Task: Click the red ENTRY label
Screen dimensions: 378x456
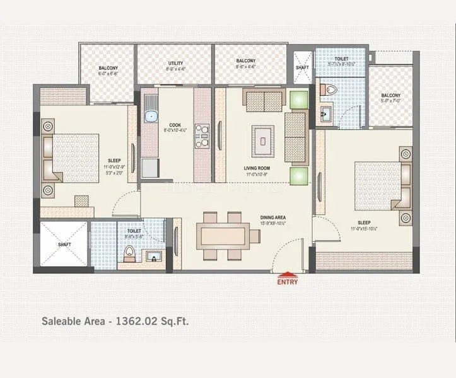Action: click(x=287, y=282)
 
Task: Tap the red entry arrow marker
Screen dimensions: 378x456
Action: click(x=287, y=274)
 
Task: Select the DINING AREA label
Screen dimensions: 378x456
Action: click(x=274, y=217)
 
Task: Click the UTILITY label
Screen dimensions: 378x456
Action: click(x=175, y=64)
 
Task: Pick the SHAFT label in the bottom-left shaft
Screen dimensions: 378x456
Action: click(x=64, y=244)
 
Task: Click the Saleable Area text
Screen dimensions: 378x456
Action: click(x=115, y=321)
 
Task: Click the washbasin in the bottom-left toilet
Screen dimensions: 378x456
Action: click(x=153, y=256)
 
